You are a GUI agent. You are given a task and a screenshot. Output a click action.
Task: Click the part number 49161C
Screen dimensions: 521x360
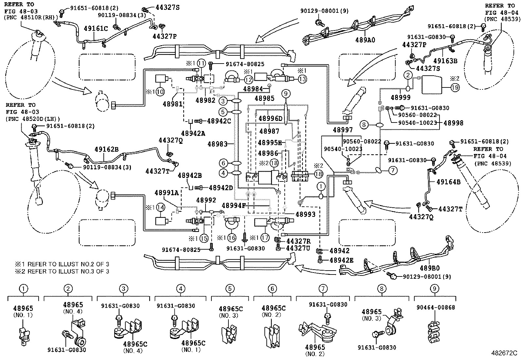click(96, 28)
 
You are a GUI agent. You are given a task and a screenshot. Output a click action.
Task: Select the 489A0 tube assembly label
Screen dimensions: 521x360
click(365, 40)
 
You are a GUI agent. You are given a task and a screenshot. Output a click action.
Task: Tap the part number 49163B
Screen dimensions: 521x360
click(445, 61)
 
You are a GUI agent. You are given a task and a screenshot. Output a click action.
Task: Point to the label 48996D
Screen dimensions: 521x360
click(271, 119)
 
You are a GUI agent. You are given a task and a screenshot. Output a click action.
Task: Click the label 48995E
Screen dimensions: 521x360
click(270, 142)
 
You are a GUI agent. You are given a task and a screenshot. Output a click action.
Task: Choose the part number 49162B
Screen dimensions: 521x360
click(107, 149)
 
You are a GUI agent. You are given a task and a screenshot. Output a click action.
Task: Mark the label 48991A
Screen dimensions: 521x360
click(167, 193)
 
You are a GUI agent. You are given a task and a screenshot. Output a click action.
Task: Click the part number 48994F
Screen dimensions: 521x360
click(234, 206)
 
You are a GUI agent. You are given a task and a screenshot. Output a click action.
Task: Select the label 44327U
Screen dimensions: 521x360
click(298, 248)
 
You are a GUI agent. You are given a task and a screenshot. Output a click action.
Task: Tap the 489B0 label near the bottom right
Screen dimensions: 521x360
click(430, 268)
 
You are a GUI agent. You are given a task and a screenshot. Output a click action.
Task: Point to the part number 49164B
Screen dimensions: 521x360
click(448, 182)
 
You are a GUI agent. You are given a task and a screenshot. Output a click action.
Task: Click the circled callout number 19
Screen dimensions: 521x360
click(455, 87)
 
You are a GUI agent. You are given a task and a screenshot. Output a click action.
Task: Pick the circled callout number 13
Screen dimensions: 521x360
click(302, 79)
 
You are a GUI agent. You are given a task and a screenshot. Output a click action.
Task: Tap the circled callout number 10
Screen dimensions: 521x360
click(160, 92)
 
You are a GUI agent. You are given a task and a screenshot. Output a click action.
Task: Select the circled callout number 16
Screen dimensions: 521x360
click(232, 238)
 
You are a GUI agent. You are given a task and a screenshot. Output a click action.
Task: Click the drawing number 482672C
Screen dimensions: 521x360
click(504, 353)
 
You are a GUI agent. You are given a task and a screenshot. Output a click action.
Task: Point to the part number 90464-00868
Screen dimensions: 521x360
click(436, 307)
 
